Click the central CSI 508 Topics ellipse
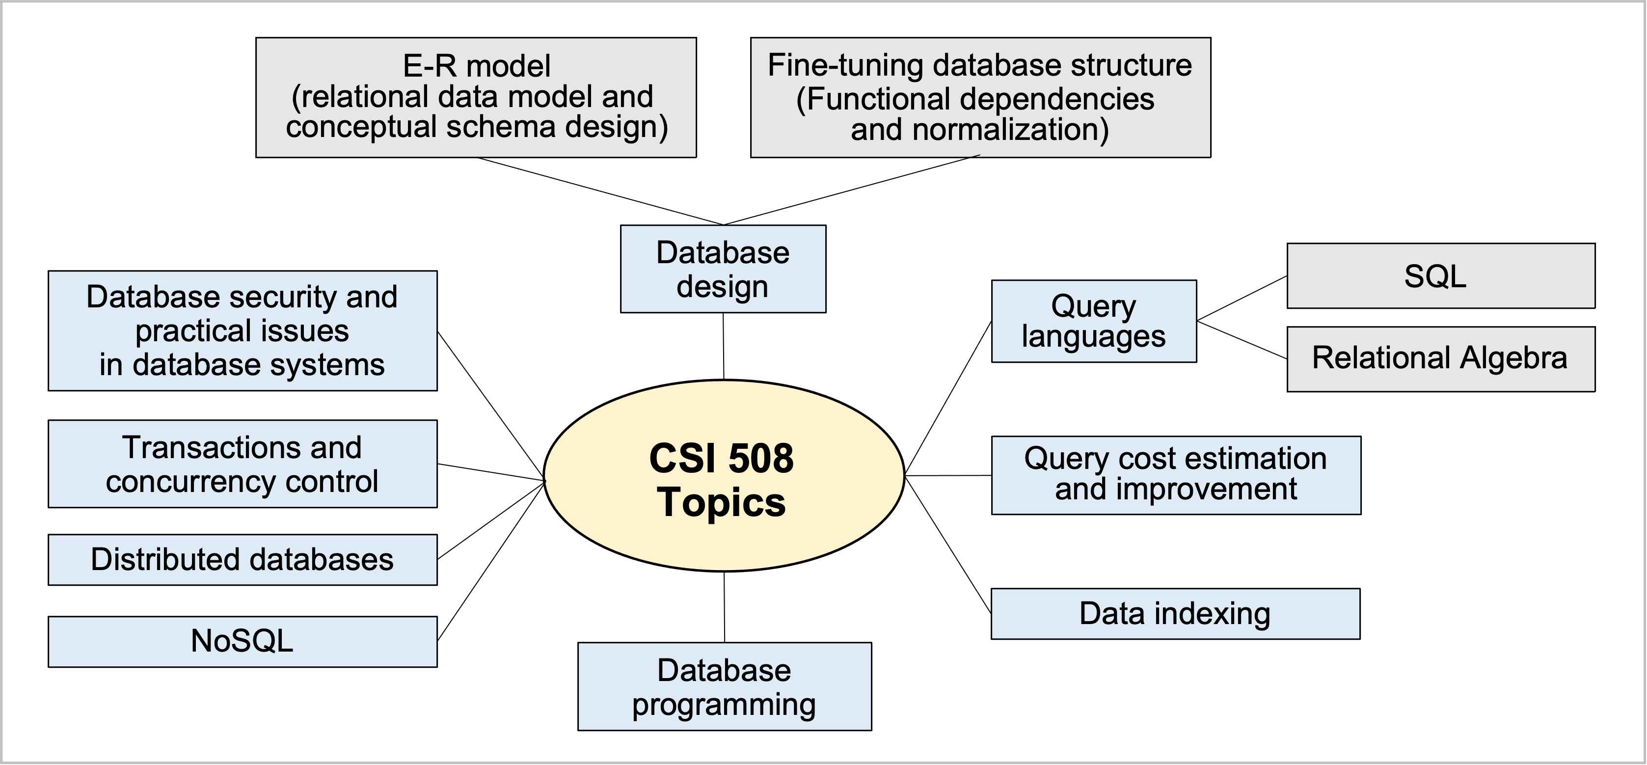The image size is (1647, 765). pyautogui.click(x=723, y=476)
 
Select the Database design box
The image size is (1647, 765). pyautogui.click(x=723, y=269)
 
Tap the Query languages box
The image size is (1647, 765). pyautogui.click(x=1093, y=321)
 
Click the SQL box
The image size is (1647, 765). pyautogui.click(x=1440, y=275)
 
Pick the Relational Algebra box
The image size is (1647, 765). pyautogui.click(x=1440, y=359)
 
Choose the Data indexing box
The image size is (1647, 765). pyautogui.click(x=1175, y=613)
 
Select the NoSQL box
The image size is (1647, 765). pyautogui.click(x=243, y=642)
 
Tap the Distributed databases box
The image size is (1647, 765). pyautogui.click(x=243, y=560)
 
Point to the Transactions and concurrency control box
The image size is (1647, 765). pyautogui.click(x=243, y=464)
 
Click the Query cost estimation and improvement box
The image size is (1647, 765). pyautogui.click(x=1175, y=475)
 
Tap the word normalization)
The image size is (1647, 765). pyautogui.click(x=1010, y=129)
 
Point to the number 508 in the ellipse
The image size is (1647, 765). pyautogui.click(x=760, y=458)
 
